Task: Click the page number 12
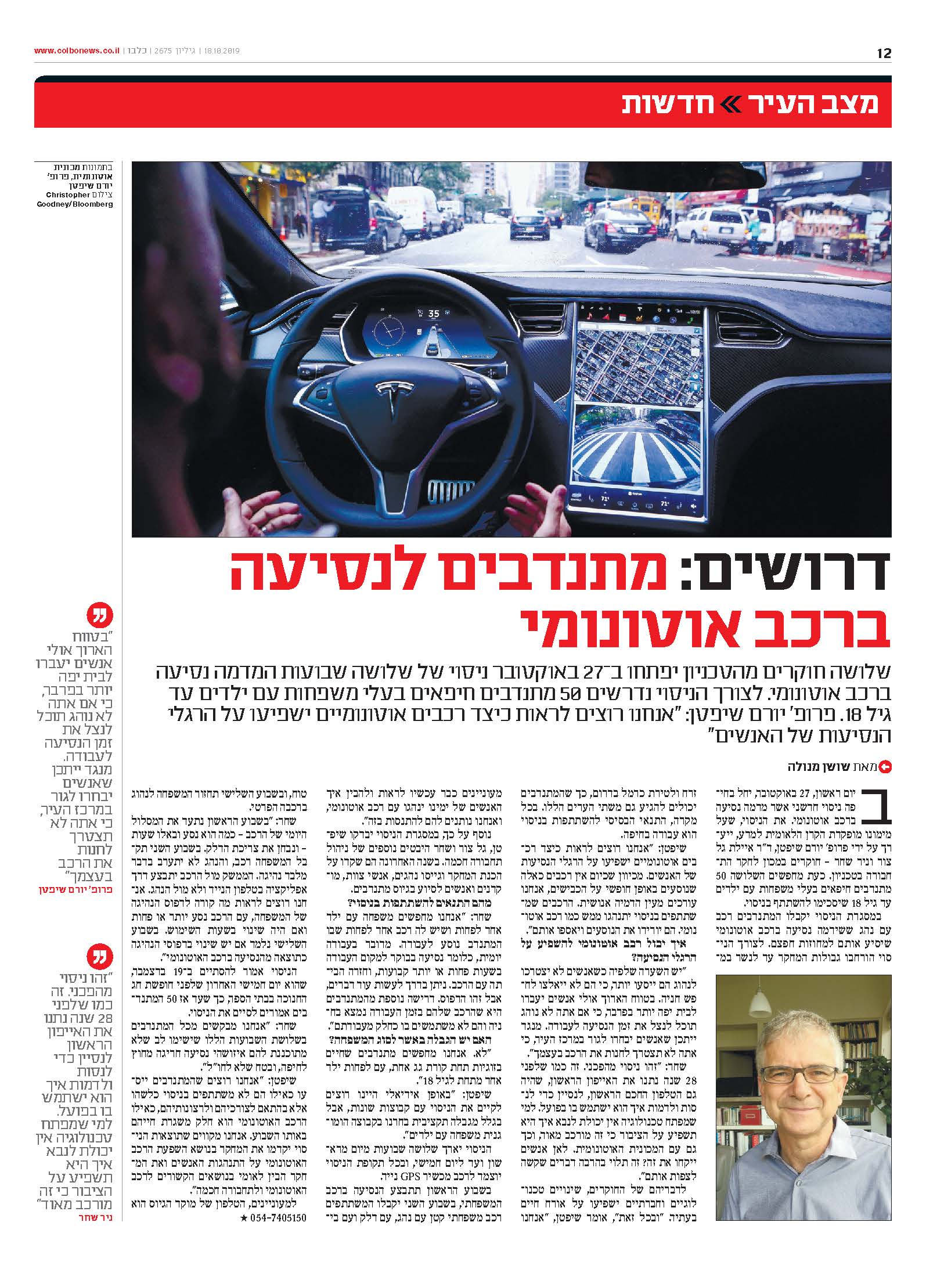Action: tap(884, 54)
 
